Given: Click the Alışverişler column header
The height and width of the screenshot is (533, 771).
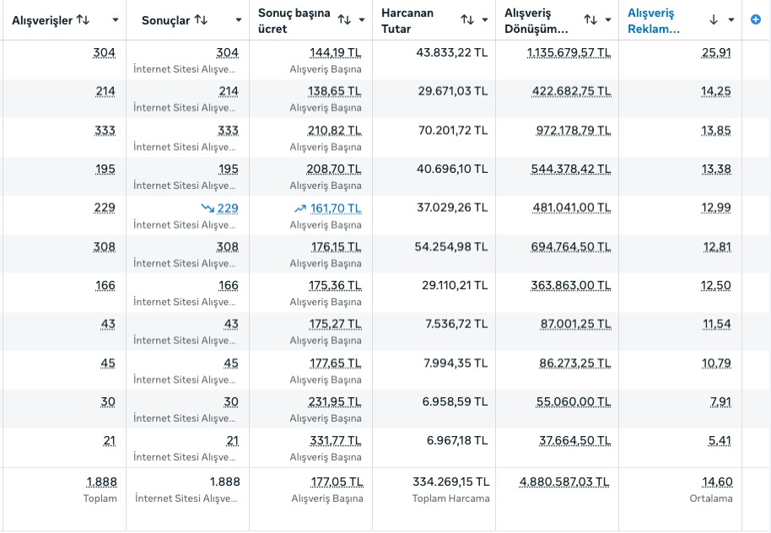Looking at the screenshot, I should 42,19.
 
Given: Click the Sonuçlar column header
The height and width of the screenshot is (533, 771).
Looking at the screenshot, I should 165,19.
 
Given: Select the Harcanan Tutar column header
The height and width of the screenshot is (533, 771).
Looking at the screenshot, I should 407,20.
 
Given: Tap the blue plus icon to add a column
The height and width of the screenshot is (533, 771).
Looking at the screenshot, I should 756,19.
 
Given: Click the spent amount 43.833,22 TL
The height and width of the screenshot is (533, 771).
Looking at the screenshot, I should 452,52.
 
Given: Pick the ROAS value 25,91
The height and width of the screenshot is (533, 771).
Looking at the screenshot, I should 716,52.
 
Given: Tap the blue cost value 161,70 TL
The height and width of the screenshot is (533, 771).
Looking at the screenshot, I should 335,208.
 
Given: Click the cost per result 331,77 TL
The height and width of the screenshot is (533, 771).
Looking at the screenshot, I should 335,440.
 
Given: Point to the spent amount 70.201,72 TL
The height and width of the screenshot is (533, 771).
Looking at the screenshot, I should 452,130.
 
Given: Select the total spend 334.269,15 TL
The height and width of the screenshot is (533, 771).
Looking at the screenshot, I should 450,482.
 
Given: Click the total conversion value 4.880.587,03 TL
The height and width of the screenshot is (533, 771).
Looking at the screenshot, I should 564,482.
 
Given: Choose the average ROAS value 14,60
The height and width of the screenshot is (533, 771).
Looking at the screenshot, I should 717,482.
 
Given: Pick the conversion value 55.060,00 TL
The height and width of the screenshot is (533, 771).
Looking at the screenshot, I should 574,401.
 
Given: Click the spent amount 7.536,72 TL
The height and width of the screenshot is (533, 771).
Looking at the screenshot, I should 456,324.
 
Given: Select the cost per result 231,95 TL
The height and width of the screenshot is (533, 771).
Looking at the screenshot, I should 335,401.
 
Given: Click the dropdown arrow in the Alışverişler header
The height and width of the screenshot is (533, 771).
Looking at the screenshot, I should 115,19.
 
